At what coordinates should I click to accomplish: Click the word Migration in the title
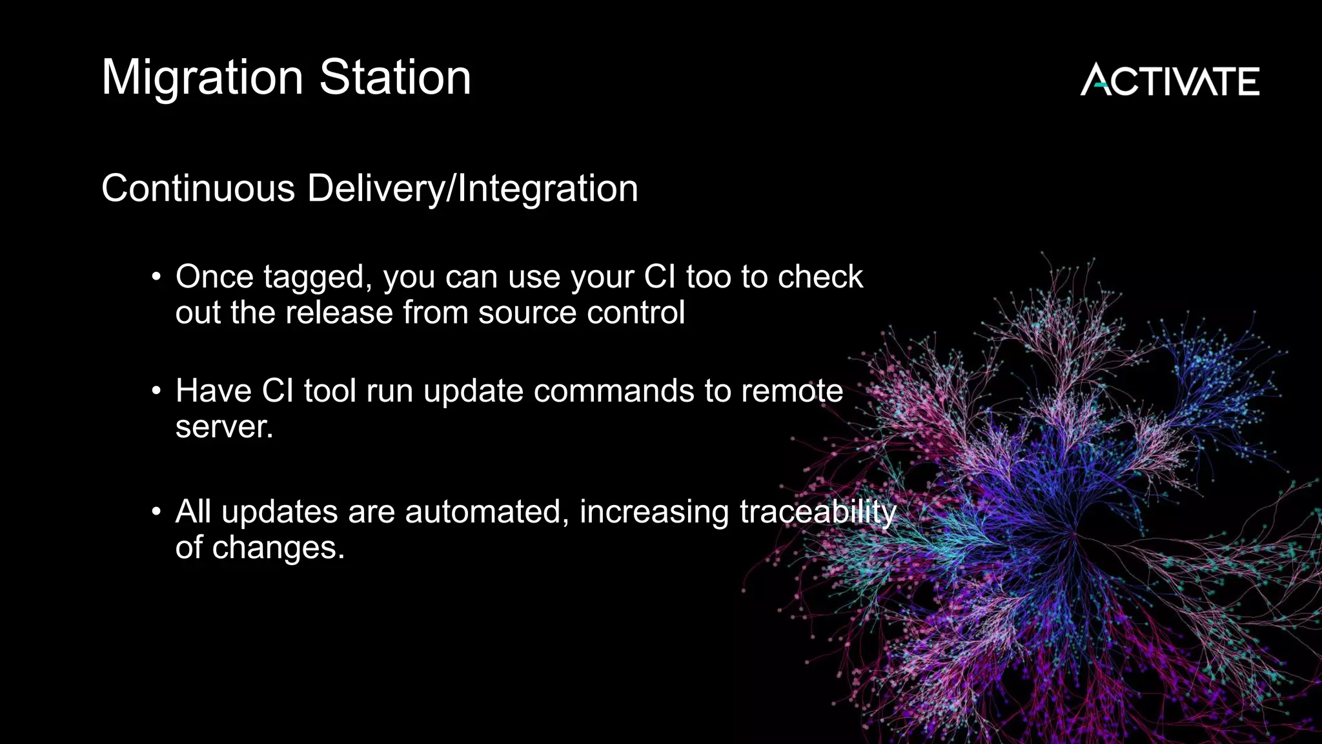202,78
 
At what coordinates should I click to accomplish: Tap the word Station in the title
395,77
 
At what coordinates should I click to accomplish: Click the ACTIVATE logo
1170,81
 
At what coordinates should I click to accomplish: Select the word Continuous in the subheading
198,189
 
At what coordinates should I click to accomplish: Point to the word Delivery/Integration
473,189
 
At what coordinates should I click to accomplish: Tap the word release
340,313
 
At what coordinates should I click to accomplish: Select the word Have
213,391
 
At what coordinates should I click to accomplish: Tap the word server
223,428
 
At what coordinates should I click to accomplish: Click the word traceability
818,513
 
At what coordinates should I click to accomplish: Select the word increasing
654,513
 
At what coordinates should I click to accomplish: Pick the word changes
278,549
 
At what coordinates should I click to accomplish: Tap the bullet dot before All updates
156,512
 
